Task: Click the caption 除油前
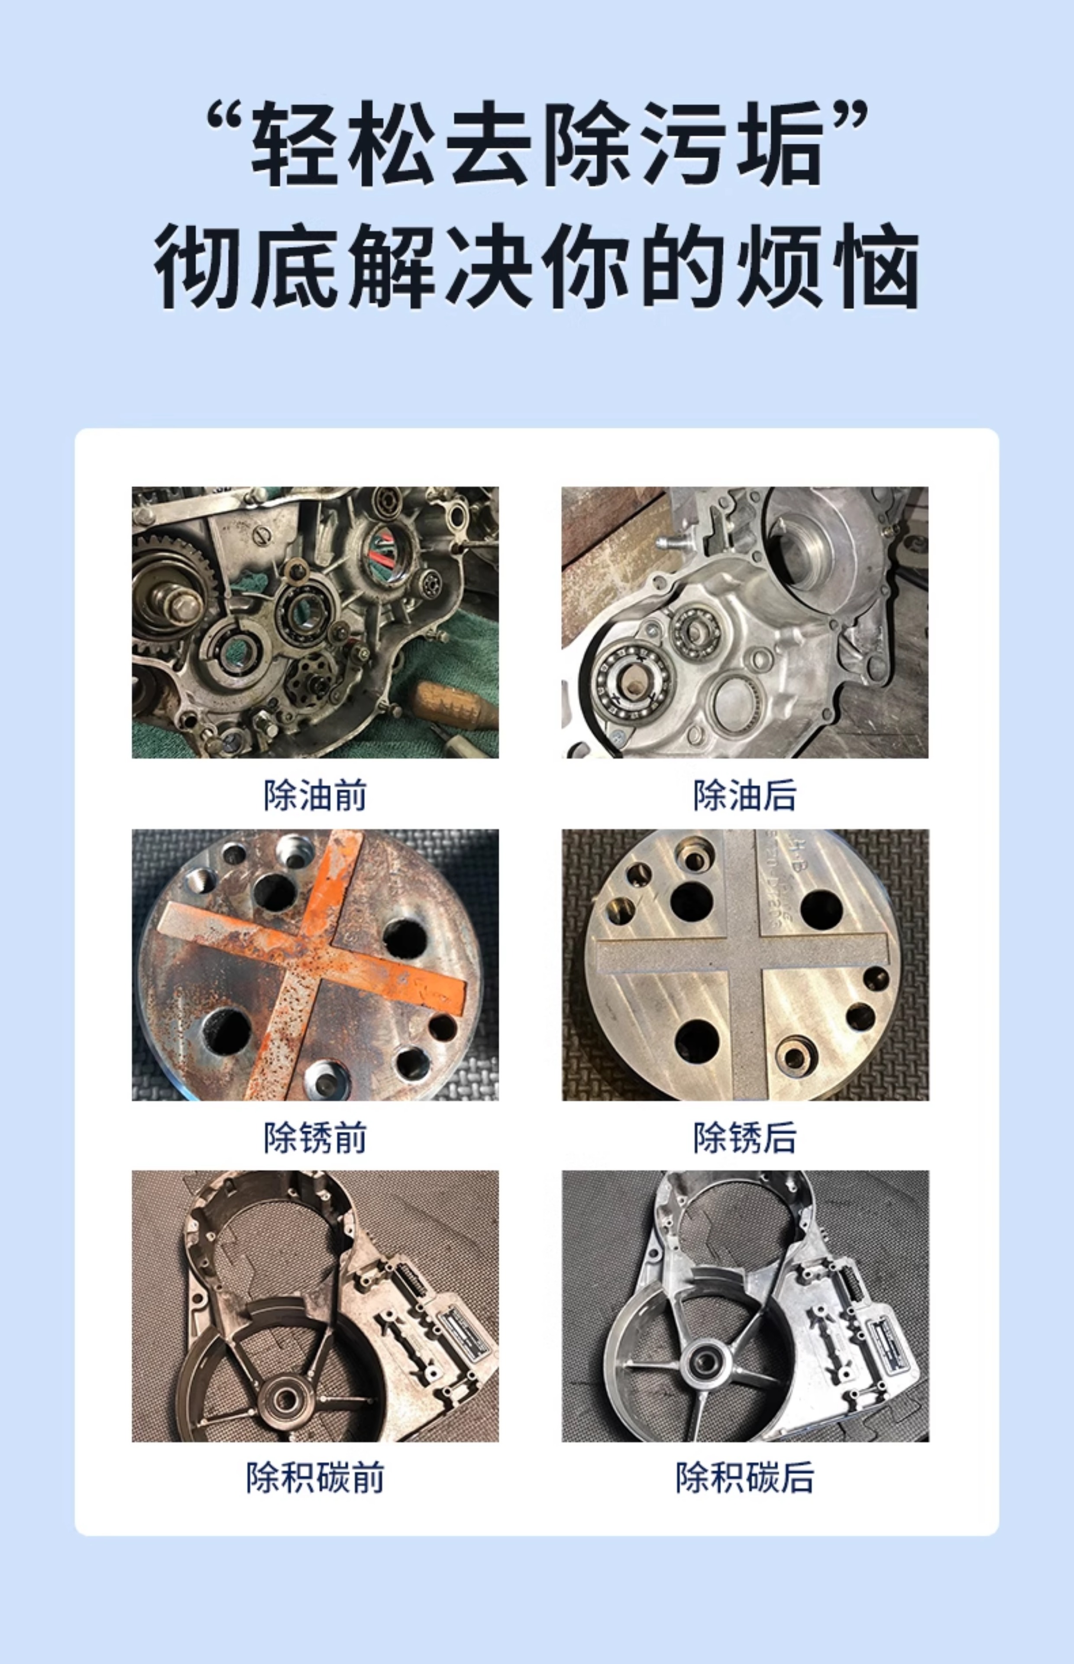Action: click(x=315, y=795)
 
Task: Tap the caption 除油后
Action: click(x=745, y=795)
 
